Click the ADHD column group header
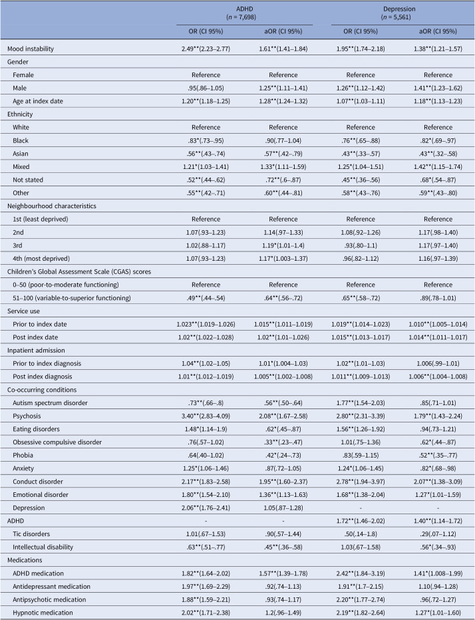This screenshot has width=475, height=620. pos(244,9)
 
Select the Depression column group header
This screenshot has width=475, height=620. pos(399,9)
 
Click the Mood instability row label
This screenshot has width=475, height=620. pos(31,49)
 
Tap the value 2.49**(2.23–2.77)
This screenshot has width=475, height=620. pos(206,49)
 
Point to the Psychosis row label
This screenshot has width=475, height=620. pos(27,416)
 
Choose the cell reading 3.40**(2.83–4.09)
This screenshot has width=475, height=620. pos(206,416)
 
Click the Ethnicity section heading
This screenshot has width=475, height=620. pos(20,114)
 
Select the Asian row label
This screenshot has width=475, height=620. pos(21,154)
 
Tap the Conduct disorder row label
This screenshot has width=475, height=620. pos(38,482)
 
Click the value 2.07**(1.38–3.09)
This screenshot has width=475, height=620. pos(438,482)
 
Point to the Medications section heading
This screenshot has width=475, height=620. pos(25,560)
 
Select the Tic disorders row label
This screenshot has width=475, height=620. pos(31,534)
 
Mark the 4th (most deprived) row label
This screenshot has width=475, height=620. pos(41,259)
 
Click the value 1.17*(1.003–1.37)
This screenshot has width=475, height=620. pos(283,259)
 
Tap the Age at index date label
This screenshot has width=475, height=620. pos(37,101)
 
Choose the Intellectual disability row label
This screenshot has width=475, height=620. pos(43,547)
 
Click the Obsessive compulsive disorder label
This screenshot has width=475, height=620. pos(57,442)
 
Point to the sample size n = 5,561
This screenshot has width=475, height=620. pos(396,17)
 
